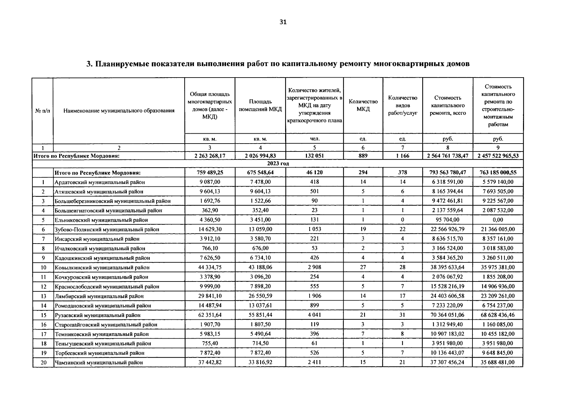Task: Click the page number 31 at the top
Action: click(x=283, y=22)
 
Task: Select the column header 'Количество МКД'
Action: click(x=363, y=105)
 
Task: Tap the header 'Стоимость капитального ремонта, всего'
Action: click(x=447, y=105)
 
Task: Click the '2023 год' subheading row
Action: click(x=278, y=164)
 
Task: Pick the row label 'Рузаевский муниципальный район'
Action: click(x=97, y=315)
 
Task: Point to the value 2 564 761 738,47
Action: click(x=447, y=156)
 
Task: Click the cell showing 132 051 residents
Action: click(x=314, y=156)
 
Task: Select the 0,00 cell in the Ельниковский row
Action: click(x=498, y=220)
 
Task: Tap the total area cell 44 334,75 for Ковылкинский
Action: click(x=210, y=267)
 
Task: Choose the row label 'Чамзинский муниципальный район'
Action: click(x=99, y=362)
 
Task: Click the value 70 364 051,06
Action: click(x=447, y=315)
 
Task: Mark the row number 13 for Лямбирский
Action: click(x=43, y=296)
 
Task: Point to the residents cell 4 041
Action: click(x=314, y=315)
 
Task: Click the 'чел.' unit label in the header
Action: click(x=314, y=139)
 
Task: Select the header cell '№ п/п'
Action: click(x=43, y=111)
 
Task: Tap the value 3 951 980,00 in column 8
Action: click(x=447, y=344)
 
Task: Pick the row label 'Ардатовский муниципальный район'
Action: click(x=100, y=182)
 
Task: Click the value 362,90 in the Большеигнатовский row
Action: click(x=210, y=210)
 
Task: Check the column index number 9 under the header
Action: click(x=498, y=148)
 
